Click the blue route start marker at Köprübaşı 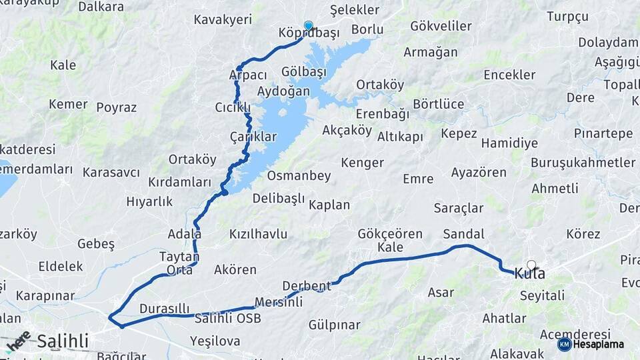coord(308,26)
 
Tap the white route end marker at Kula coord(531,265)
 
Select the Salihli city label coord(63,341)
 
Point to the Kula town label coord(529,274)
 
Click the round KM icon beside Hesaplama coord(564,344)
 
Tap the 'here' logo coord(17,341)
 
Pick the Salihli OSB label coord(227,318)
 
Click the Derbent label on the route coord(307,286)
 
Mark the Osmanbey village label coord(299,176)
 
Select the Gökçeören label coord(390,233)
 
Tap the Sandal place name coord(463,234)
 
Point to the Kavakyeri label coord(223,19)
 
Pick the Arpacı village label coord(248,75)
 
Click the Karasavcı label coord(111,173)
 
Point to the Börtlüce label coord(438,104)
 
